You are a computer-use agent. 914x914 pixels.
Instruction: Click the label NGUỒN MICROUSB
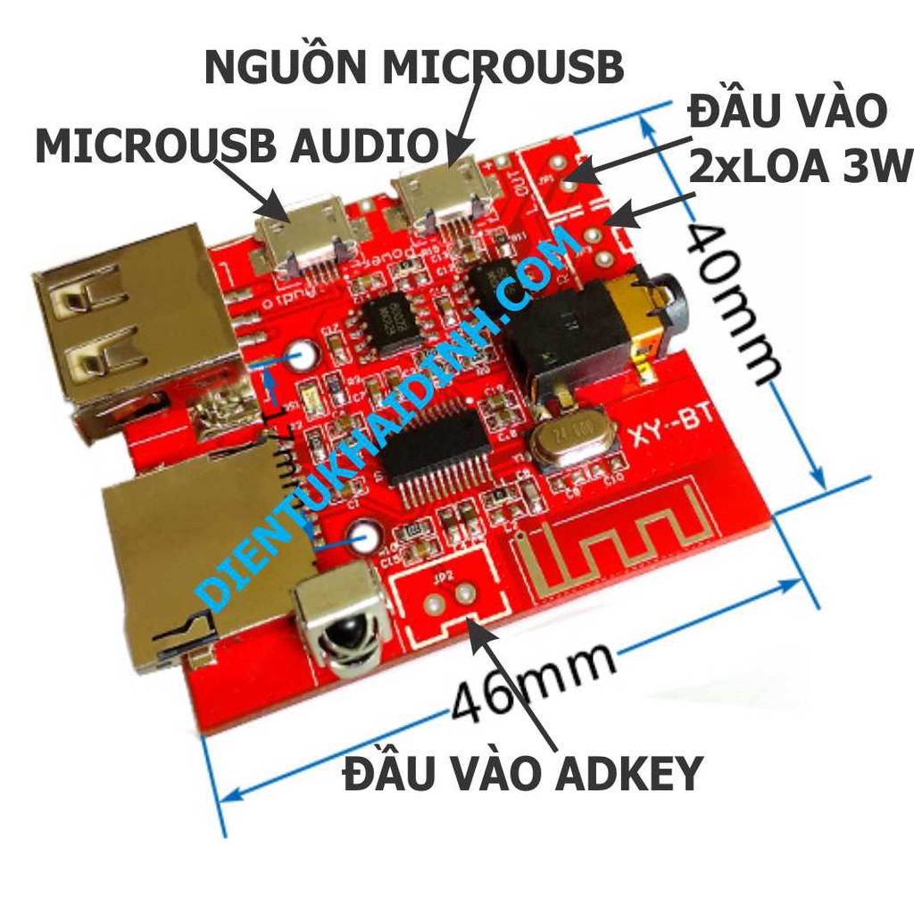(x=413, y=68)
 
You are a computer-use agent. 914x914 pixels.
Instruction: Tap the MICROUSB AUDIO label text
(x=237, y=145)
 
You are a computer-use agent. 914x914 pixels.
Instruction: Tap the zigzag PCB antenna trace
(x=625, y=544)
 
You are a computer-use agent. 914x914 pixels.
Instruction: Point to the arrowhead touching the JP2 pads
(x=471, y=624)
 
